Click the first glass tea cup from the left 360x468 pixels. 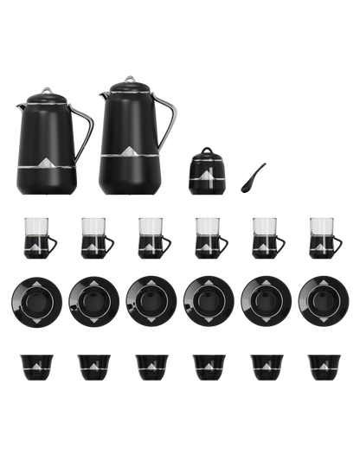[x=37, y=235]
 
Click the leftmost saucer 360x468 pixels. [x=36, y=301]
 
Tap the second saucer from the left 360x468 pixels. [x=93, y=301]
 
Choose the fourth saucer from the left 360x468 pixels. [x=209, y=301]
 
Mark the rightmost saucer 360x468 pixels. [x=323, y=301]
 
